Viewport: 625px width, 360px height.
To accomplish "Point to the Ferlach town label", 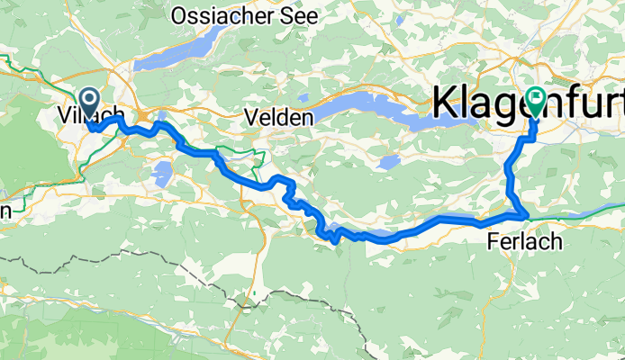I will tap(524, 241).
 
